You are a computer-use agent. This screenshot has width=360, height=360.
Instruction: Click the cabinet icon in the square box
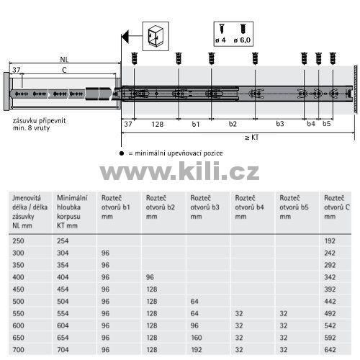tap(156, 36)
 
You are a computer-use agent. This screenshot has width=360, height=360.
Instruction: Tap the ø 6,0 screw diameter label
tap(242, 40)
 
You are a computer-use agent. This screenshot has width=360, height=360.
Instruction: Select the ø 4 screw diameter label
tap(220, 40)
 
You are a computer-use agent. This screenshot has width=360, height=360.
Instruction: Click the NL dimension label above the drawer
tap(64, 59)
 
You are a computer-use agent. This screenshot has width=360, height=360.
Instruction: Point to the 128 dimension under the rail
tap(158, 124)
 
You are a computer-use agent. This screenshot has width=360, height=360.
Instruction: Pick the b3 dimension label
tap(280, 124)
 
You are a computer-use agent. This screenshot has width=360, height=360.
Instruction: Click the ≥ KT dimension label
tap(252, 138)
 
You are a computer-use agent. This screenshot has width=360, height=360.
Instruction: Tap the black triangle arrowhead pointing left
tap(125, 37)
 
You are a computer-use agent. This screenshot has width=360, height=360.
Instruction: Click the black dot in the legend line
tap(122, 153)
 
